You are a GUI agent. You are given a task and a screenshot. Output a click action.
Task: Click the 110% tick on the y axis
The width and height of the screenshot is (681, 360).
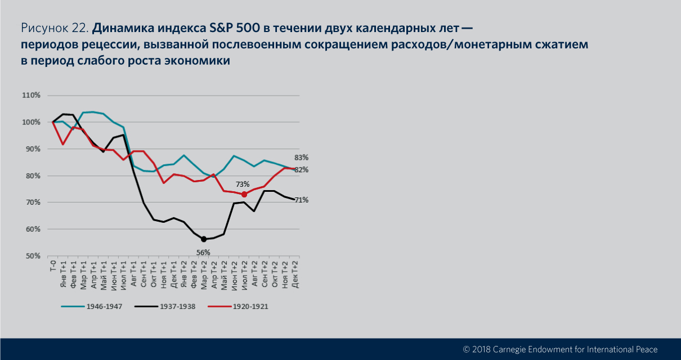pyautogui.click(x=31, y=96)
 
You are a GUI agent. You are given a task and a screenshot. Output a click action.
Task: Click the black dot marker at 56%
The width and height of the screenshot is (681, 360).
pyautogui.click(x=204, y=239)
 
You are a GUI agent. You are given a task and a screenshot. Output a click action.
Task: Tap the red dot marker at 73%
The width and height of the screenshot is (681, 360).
pyautogui.click(x=244, y=194)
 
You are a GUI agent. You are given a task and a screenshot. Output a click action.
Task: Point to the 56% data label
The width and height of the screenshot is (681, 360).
pyautogui.click(x=203, y=253)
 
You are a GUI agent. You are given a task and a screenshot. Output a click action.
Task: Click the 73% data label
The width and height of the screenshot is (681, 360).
pyautogui.click(x=243, y=184)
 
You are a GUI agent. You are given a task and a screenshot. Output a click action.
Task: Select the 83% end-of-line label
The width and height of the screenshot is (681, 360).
pyautogui.click(x=302, y=157)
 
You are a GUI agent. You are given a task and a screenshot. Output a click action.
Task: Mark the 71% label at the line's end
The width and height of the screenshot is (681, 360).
pyautogui.click(x=302, y=200)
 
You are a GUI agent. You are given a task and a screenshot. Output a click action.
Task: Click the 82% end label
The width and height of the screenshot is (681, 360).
pyautogui.click(x=302, y=170)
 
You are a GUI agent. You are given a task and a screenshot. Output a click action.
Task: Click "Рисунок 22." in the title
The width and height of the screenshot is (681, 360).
pyautogui.click(x=55, y=28)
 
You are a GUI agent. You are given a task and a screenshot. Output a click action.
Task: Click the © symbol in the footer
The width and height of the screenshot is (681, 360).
pyautogui.click(x=466, y=349)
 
